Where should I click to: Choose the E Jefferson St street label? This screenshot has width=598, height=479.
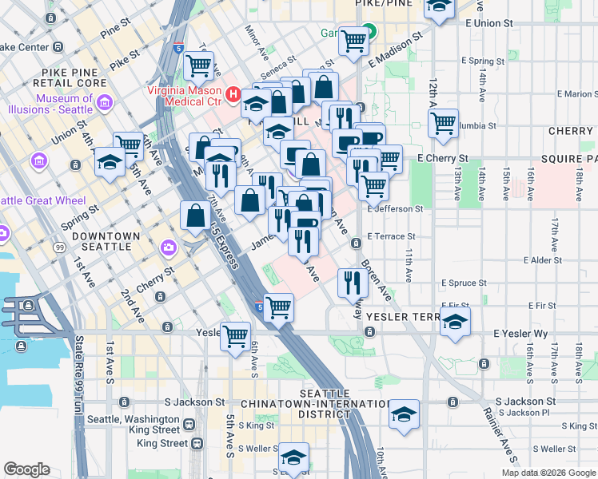click(x=395, y=209)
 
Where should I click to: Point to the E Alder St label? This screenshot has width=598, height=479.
click(x=549, y=260)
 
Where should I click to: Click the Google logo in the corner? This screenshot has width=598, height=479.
click(x=26, y=469)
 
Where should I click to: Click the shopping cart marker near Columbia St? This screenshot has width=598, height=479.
click(x=443, y=123)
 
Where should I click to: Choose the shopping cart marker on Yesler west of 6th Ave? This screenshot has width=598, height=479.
click(x=235, y=335)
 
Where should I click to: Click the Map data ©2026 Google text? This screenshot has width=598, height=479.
click(x=548, y=473)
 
